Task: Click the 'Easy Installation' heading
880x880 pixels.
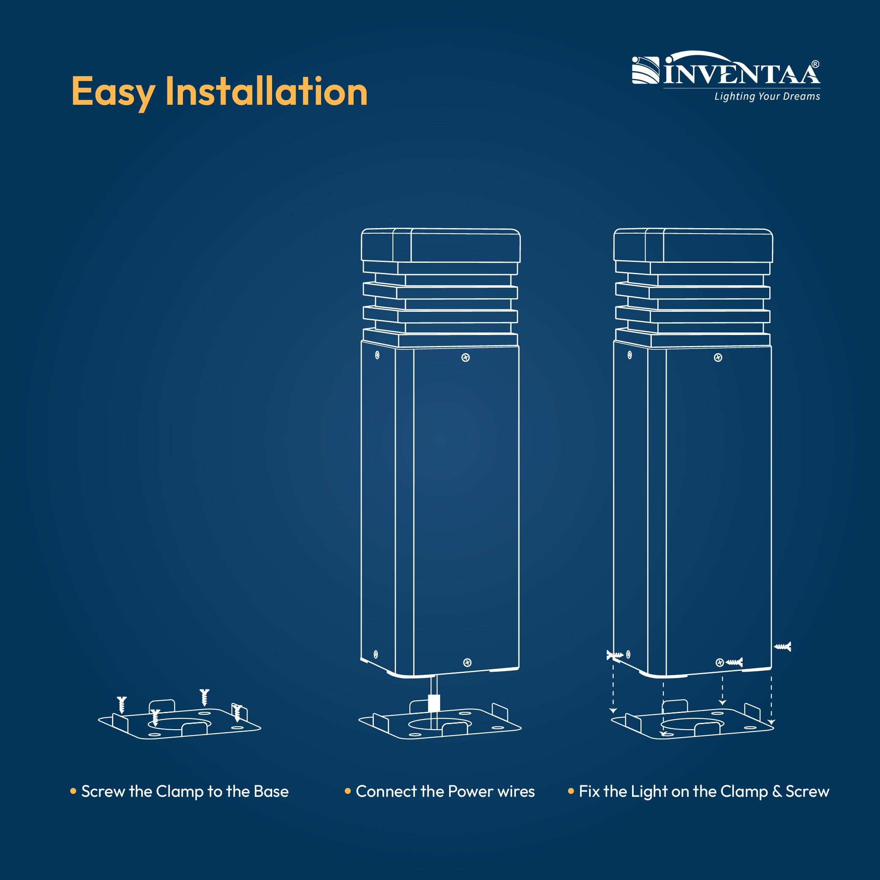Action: tap(219, 93)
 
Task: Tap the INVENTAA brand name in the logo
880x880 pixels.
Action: tap(742, 71)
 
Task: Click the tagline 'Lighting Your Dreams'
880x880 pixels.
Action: tap(767, 97)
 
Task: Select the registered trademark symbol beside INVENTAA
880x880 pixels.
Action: tap(815, 65)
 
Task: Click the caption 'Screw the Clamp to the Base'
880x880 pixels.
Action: tap(185, 792)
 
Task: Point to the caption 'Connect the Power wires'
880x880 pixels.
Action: tap(445, 792)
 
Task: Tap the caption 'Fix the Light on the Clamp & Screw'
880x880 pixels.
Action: tap(704, 792)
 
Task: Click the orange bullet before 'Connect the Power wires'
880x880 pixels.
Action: tap(348, 791)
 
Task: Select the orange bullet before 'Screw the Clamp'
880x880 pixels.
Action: tap(74, 791)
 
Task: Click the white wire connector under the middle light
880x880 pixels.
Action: tap(434, 703)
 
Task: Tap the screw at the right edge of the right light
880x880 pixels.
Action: tap(782, 646)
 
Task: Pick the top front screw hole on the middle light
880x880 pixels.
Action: tap(466, 357)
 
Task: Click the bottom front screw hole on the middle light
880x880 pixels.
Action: tap(467, 663)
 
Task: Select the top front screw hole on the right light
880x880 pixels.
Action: tap(718, 357)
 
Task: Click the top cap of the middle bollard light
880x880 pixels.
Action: tap(441, 245)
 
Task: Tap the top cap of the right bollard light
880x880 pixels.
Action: tap(693, 245)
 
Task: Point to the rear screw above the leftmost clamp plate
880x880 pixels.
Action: tap(204, 697)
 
